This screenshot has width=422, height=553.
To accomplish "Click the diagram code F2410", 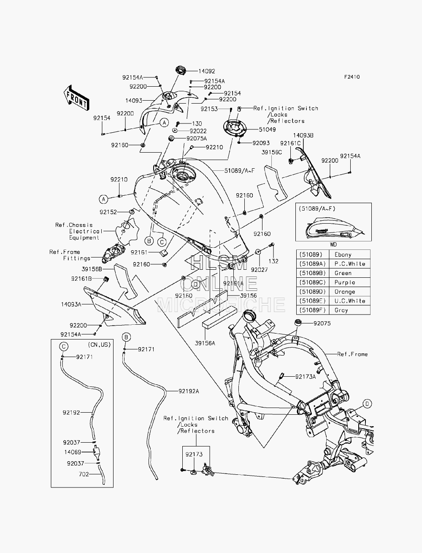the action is pyautogui.click(x=352, y=77).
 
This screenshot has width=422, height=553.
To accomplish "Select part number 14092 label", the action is pyautogui.click(x=207, y=71).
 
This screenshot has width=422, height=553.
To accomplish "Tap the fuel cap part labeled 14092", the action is pyautogui.click(x=181, y=70).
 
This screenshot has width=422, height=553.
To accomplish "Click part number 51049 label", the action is pyautogui.click(x=267, y=129).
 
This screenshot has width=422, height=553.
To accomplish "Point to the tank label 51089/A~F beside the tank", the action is pyautogui.click(x=239, y=170).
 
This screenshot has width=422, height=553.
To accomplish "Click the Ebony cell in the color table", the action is pyautogui.click(x=343, y=255).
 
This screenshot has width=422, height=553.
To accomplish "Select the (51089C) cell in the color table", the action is pyautogui.click(x=312, y=282).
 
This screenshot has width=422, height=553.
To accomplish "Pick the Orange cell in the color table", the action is pyautogui.click(x=344, y=291).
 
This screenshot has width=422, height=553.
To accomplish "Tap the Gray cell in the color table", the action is pyautogui.click(x=341, y=310).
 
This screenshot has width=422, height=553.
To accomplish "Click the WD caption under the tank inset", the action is pyautogui.click(x=333, y=244).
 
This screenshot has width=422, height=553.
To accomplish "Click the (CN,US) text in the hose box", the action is pyautogui.click(x=99, y=345).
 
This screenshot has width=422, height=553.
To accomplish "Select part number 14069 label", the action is pyautogui.click(x=73, y=452).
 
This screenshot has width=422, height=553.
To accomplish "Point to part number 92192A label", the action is pyautogui.click(x=189, y=391).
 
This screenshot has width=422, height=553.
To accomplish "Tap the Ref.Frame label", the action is pyautogui.click(x=352, y=354).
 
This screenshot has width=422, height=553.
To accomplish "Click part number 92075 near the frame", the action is pyautogui.click(x=322, y=323).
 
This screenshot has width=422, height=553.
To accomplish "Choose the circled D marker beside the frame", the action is pyautogui.click(x=367, y=404).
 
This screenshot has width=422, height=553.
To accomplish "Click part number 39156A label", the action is pyautogui.click(x=205, y=343).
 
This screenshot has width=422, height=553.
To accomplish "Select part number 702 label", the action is pyautogui.click(x=84, y=474).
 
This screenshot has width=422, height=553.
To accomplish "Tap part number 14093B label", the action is pyautogui.click(x=303, y=135).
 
